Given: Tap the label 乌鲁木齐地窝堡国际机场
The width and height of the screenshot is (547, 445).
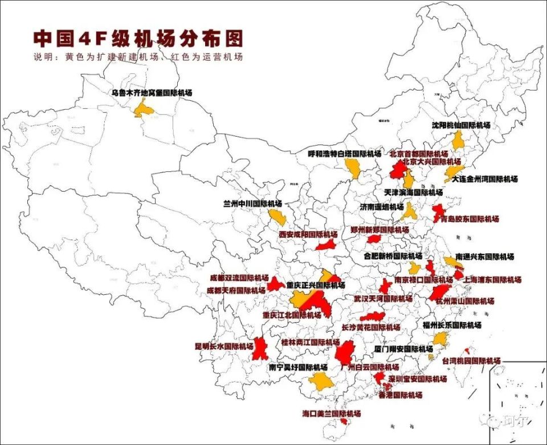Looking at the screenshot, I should point(152,92).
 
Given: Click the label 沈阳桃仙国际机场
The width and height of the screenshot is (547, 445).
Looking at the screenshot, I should point(460,125).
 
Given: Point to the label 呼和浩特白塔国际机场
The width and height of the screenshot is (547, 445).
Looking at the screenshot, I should point(344,154).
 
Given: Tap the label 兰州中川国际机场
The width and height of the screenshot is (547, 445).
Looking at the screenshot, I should point(252,203).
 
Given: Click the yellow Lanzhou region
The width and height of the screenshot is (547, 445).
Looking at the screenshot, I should point(277,217).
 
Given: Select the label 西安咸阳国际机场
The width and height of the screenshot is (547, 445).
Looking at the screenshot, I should point(308,234).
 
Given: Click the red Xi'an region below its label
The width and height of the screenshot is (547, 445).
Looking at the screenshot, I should point(325,245).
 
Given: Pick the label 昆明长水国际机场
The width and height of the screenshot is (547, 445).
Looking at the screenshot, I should point(224,346).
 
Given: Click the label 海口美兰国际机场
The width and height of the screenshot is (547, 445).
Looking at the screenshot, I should point(331,414).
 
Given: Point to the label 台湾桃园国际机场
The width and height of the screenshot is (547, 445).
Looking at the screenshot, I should point(471,361).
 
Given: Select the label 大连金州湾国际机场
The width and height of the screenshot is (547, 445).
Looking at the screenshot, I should point(484,179).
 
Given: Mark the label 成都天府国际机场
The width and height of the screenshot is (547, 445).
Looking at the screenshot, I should point(235,290).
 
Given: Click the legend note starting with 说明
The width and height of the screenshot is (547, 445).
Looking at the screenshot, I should point(138,57).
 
